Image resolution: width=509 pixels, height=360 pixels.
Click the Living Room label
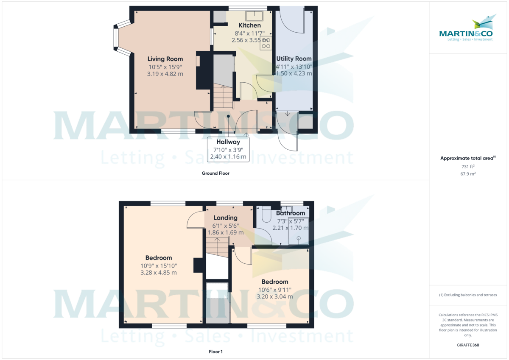[165, 59]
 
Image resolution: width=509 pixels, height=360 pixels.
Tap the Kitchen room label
[249, 25]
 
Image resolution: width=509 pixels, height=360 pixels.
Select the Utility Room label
[294, 59]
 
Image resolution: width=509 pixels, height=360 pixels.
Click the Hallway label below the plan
[228, 142]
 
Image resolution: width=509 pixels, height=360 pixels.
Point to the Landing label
[225, 218]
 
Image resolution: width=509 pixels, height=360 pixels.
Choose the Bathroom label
[291, 213]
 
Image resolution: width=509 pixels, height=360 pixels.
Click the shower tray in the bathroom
[299, 232]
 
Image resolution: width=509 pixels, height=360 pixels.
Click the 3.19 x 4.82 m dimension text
[165, 74]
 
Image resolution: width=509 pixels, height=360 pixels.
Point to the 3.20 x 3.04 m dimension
[274, 297]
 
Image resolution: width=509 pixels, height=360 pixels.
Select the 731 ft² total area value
[468, 167]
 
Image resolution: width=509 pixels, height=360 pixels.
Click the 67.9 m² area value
[468, 174]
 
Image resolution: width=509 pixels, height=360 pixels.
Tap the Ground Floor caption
[216, 173]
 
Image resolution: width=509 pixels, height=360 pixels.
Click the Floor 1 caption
[215, 352]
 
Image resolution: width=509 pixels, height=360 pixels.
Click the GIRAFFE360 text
[467, 345]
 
